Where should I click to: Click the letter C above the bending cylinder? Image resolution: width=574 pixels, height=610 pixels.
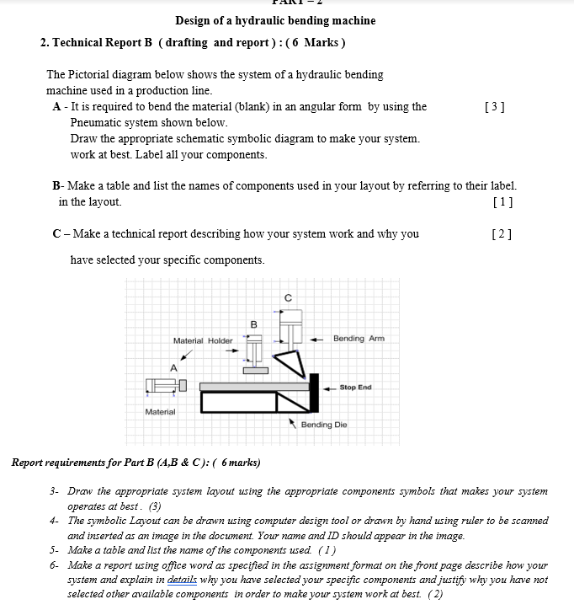coord(288,297)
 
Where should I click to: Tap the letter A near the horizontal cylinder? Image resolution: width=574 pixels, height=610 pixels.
coord(174,367)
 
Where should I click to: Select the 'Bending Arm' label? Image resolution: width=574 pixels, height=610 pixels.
coord(359,339)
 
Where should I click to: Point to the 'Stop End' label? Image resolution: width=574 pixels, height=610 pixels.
coord(355,388)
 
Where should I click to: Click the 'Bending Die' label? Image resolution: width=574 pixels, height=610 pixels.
coord(324,425)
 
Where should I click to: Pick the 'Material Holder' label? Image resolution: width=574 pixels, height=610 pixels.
coord(203,340)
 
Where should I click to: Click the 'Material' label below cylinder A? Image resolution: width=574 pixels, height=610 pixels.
coord(160,412)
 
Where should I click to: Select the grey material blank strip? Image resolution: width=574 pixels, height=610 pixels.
coord(252,387)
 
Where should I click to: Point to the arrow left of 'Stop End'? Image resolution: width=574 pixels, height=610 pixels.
coord(330,388)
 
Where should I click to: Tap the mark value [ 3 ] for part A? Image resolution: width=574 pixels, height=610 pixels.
coord(496,106)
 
